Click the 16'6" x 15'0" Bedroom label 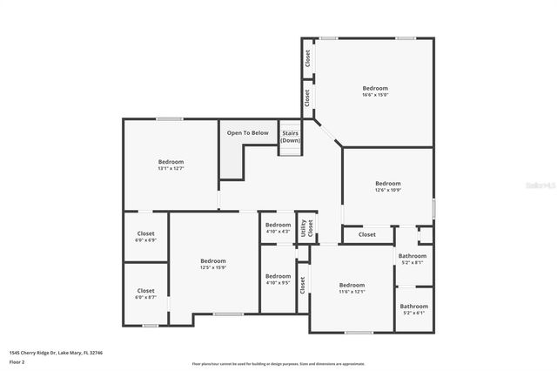(x=375, y=91)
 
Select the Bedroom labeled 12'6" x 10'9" (x=387, y=186)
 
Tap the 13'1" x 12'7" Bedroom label (x=171, y=165)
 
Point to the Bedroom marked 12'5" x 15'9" (x=213, y=264)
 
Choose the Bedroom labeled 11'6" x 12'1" (x=352, y=288)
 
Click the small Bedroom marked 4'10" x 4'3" (x=278, y=227)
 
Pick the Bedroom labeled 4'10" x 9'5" (x=278, y=279)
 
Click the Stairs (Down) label (x=291, y=138)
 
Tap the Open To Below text (x=248, y=133)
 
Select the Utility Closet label (x=307, y=228)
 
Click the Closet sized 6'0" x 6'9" (x=145, y=237)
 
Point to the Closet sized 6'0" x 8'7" (x=145, y=293)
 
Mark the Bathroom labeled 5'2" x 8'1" (x=413, y=259)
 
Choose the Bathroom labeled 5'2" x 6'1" (x=413, y=308)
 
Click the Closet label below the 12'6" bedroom (x=367, y=234)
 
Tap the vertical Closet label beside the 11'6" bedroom (x=303, y=285)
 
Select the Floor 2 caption (x=17, y=361)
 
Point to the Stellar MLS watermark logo (x=540, y=185)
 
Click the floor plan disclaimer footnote (x=278, y=364)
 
